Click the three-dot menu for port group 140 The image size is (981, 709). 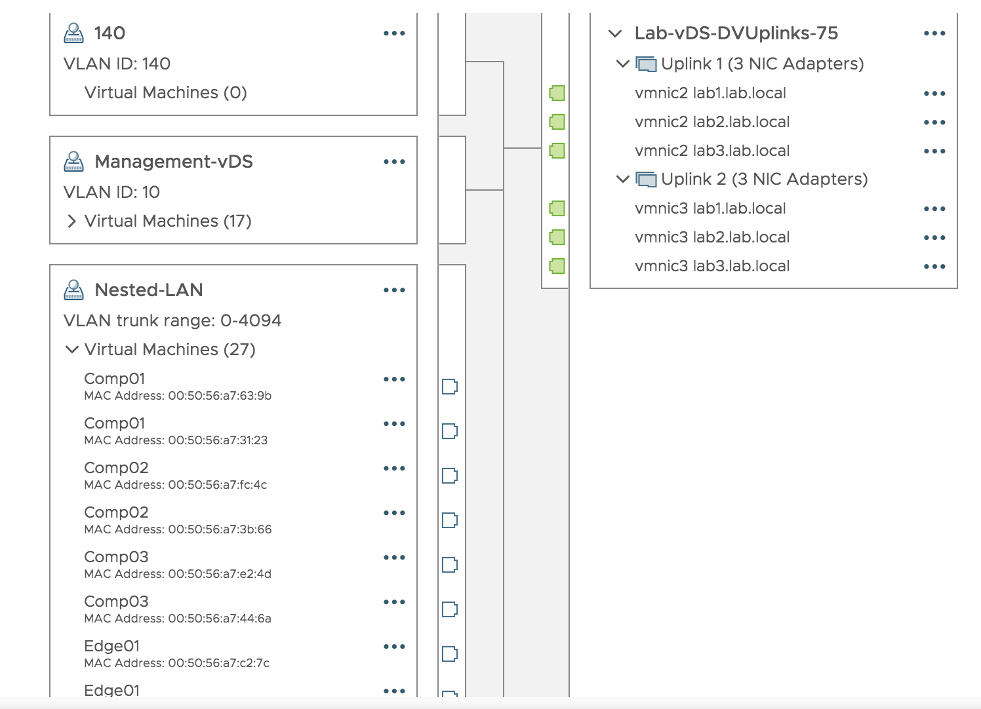pyautogui.click(x=394, y=33)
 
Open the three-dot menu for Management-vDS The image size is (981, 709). pyautogui.click(x=394, y=162)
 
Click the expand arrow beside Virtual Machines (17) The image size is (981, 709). pyautogui.click(x=72, y=221)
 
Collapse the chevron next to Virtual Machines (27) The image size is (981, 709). pyautogui.click(x=72, y=350)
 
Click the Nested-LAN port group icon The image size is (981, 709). pyautogui.click(x=73, y=290)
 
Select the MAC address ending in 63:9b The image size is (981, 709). pyautogui.click(x=178, y=396)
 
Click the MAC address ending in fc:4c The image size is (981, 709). pyautogui.click(x=176, y=485)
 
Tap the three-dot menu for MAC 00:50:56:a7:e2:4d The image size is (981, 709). pyautogui.click(x=394, y=558)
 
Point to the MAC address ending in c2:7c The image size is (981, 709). pyautogui.click(x=177, y=663)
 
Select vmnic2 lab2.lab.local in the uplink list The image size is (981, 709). pyautogui.click(x=712, y=123)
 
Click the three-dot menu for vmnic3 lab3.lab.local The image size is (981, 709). pyautogui.click(x=934, y=267)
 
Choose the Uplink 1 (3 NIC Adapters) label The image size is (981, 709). pyautogui.click(x=762, y=64)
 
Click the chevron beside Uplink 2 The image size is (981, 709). pyautogui.click(x=623, y=179)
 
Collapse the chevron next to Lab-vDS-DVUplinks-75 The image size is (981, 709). pyautogui.click(x=615, y=33)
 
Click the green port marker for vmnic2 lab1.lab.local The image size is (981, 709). pyautogui.click(x=557, y=93)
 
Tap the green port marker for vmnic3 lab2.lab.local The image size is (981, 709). pyautogui.click(x=557, y=237)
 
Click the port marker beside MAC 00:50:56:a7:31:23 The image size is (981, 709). pyautogui.click(x=450, y=431)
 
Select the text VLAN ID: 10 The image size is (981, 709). pyautogui.click(x=111, y=193)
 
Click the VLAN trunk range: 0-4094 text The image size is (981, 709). pyautogui.click(x=172, y=321)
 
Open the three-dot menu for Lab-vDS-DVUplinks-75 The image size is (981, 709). pyautogui.click(x=934, y=33)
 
